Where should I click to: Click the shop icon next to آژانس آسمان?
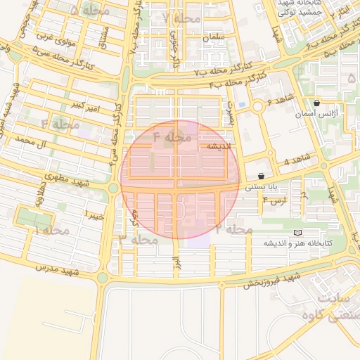(x=317, y=103)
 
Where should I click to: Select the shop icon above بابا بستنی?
(x=262, y=176)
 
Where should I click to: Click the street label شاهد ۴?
(x=297, y=162)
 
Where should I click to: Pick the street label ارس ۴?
(x=272, y=201)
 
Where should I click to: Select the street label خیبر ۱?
(x=94, y=215)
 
